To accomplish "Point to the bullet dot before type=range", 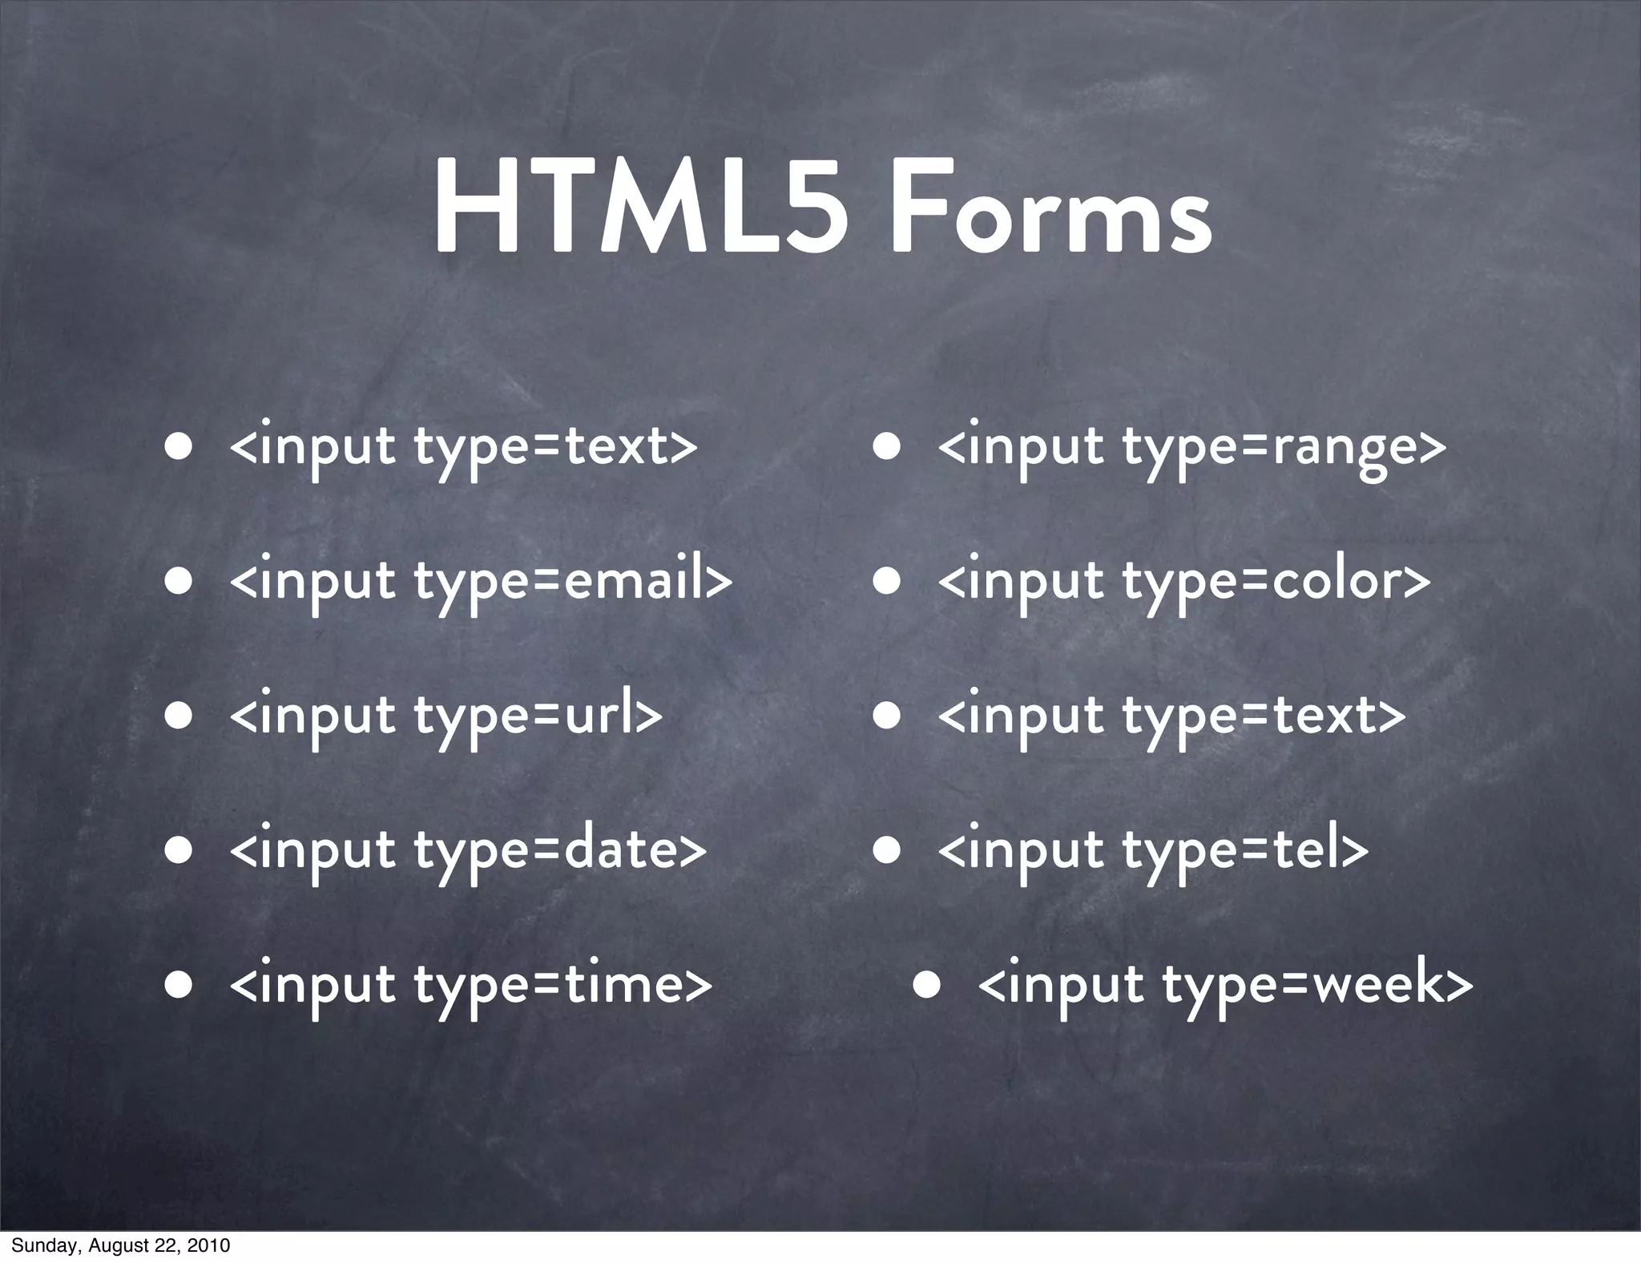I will coord(887,446).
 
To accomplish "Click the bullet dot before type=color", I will coord(887,580).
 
